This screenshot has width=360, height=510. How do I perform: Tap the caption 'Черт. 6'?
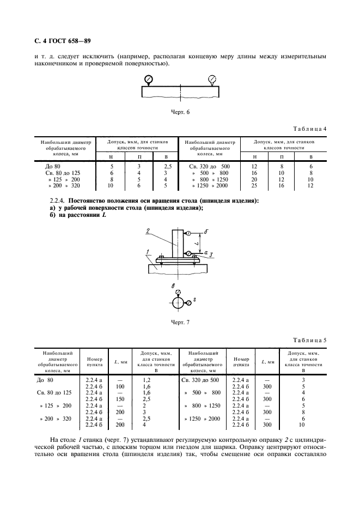click(x=180, y=112)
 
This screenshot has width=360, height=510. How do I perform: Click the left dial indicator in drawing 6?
click(x=148, y=80)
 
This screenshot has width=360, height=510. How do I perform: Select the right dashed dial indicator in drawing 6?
click(x=211, y=80)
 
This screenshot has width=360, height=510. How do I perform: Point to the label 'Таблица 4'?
click(x=310, y=129)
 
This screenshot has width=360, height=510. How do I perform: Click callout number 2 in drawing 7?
click(x=148, y=232)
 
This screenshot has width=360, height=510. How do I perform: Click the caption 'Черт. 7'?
click(x=180, y=322)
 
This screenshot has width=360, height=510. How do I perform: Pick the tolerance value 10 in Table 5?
click(x=311, y=424)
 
